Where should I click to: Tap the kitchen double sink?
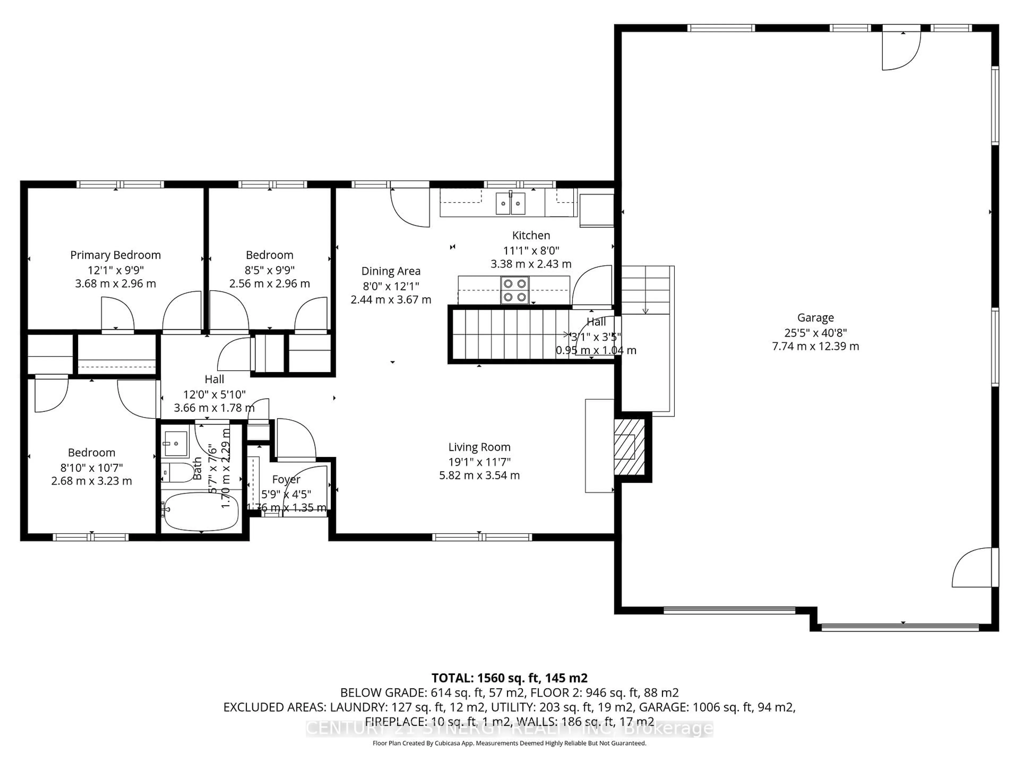pos(510,203)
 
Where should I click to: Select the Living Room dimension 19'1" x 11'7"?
pos(479,461)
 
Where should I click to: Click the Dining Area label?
pos(391,271)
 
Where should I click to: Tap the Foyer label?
pos(286,479)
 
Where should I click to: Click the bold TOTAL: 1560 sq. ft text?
pos(509,678)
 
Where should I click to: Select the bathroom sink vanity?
pos(175,443)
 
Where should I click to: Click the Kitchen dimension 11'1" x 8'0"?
pos(531,250)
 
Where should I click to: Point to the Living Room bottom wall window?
pos(482,537)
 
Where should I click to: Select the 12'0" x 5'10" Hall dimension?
pos(214,394)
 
